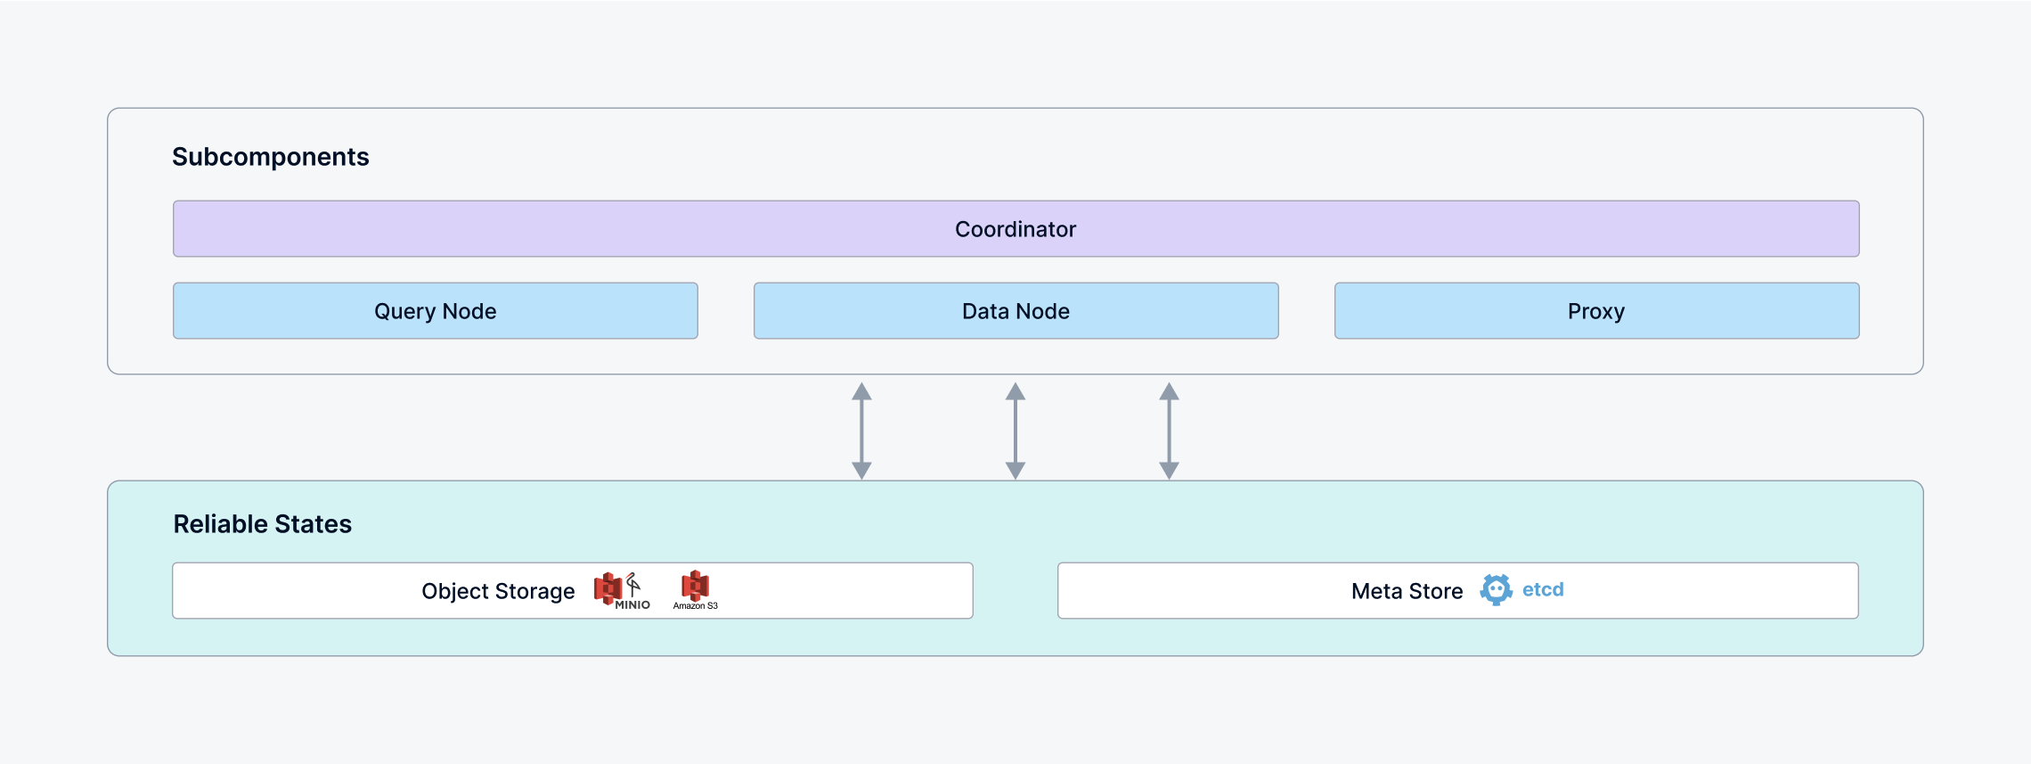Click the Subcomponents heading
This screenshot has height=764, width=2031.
point(270,157)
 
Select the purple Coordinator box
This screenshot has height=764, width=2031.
point(1015,229)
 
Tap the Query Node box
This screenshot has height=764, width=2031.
point(435,311)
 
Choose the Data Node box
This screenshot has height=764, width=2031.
point(1015,311)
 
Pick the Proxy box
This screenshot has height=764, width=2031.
point(1596,311)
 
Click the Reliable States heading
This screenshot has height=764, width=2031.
point(262,524)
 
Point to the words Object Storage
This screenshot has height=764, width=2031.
point(498,591)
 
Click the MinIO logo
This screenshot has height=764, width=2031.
point(622,590)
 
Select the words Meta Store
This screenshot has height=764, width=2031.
point(1407,591)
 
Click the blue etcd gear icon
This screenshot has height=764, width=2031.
point(1496,589)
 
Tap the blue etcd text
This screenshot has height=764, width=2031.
point(1543,589)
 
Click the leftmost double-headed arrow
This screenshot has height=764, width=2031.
point(861,431)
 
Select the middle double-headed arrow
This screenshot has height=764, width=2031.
point(1015,431)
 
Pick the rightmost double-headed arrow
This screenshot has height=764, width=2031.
point(1169,431)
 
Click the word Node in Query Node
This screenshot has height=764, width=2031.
point(469,311)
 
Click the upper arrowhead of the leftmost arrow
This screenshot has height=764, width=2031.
point(861,391)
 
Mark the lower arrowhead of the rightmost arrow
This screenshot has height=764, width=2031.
point(1169,470)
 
